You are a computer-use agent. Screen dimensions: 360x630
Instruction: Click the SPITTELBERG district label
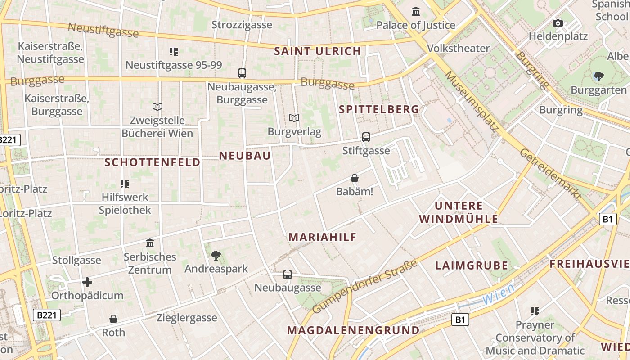tap(378, 109)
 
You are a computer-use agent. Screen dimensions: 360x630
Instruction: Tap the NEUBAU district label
tap(245, 156)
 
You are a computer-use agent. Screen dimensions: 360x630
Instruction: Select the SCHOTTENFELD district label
tap(153, 162)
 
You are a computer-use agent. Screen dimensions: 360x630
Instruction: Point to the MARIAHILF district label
tap(322, 237)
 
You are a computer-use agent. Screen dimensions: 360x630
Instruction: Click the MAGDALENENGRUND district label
tap(353, 330)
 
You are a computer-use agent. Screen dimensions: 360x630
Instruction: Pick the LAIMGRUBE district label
tap(472, 265)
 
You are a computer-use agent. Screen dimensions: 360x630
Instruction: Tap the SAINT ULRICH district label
tap(318, 51)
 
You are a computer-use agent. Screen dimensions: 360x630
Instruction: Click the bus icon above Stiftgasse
tap(366, 137)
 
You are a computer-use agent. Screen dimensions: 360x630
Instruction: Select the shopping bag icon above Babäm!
tap(355, 179)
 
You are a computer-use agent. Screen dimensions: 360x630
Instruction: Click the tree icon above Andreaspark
tap(216, 256)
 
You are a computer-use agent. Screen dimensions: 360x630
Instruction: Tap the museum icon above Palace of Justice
tap(416, 11)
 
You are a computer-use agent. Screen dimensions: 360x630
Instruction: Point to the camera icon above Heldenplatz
tap(558, 23)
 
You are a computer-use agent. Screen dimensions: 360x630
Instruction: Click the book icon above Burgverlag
tap(294, 118)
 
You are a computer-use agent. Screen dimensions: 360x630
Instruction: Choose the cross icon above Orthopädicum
tap(87, 282)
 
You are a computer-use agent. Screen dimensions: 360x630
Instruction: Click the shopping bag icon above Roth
tap(113, 319)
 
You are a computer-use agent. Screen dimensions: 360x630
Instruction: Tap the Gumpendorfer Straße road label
tap(364, 287)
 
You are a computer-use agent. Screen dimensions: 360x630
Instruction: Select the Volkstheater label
tap(458, 48)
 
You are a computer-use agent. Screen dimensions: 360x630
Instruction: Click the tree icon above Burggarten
tap(598, 76)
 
